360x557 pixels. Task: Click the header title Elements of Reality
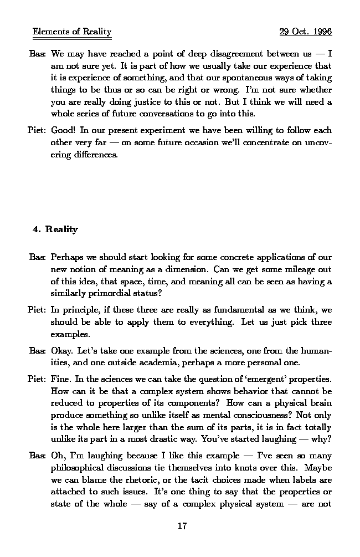(72, 32)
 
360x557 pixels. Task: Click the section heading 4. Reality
(55, 229)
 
